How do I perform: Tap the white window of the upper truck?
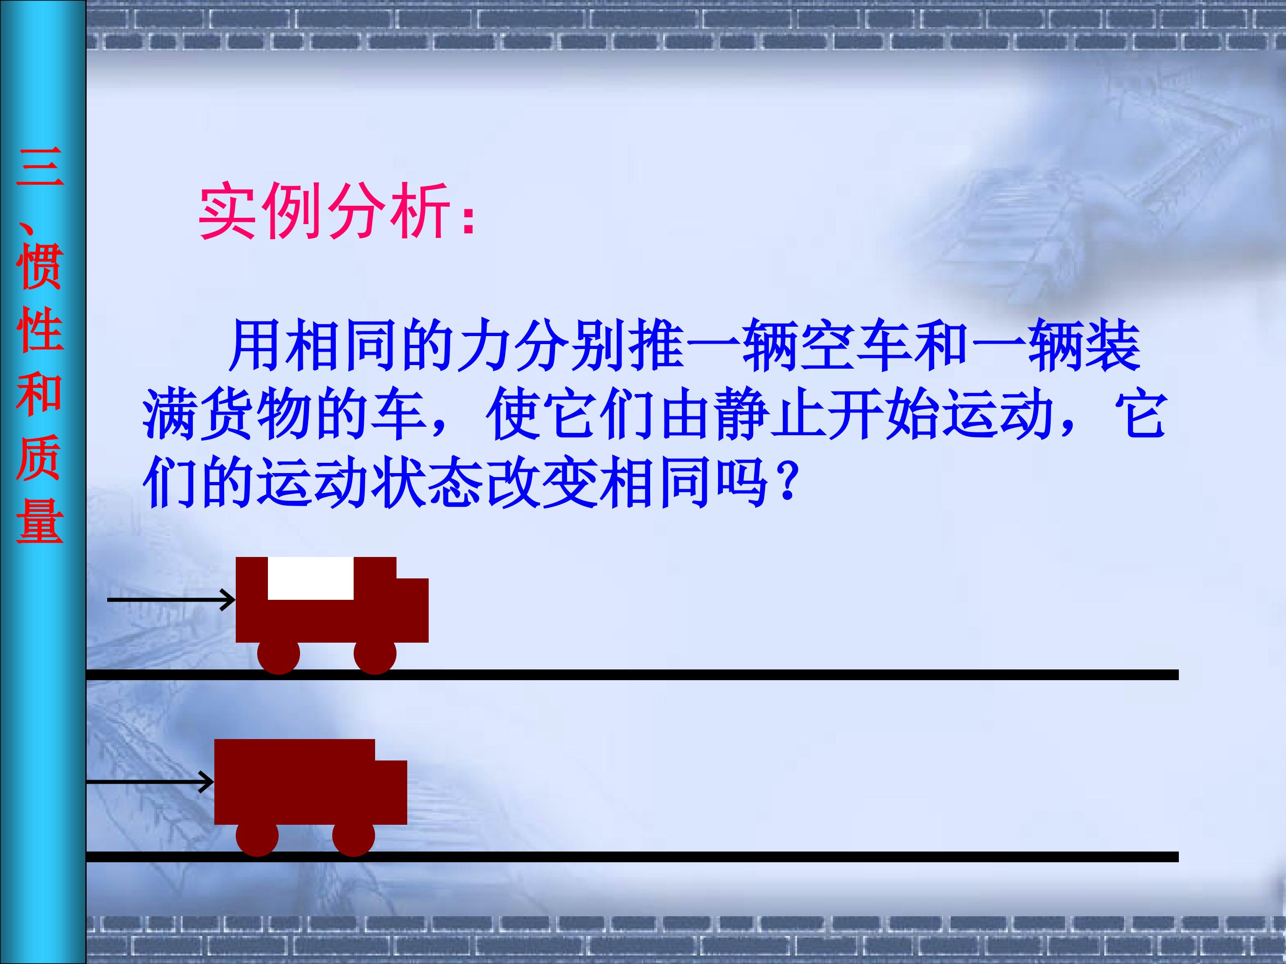[x=310, y=578]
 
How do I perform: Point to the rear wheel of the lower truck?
[x=258, y=835]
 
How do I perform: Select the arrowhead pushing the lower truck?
[x=207, y=781]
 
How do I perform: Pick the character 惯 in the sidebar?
[x=40, y=267]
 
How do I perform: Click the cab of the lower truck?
[x=391, y=791]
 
